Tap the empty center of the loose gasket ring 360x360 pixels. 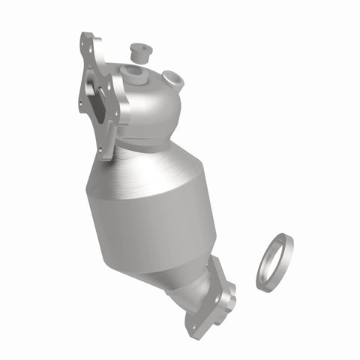(x=274, y=262)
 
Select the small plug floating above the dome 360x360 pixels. (x=138, y=52)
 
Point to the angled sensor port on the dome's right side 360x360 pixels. (x=172, y=77)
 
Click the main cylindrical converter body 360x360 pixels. (x=154, y=217)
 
